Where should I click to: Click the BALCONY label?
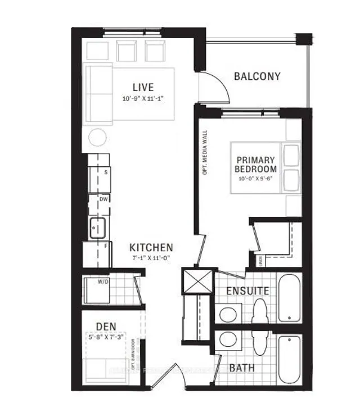(257, 76)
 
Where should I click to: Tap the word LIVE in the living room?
(143, 87)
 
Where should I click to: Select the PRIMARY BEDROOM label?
(256, 164)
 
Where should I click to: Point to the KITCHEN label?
(151, 247)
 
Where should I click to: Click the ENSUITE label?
(247, 291)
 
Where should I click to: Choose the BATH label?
(242, 368)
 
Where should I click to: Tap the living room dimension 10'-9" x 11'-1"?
(143, 98)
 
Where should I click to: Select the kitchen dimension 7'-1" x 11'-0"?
(150, 258)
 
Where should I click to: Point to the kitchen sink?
(96, 228)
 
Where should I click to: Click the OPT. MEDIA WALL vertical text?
(205, 152)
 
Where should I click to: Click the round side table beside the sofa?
(98, 137)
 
